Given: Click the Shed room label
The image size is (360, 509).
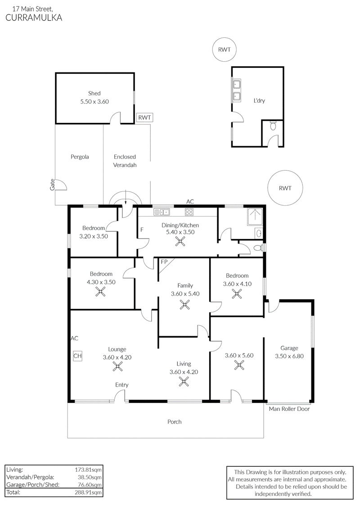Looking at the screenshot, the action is point(94,94).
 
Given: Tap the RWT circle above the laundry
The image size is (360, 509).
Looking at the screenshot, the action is point(224,50).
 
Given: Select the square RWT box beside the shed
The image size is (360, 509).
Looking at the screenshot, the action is point(144,117).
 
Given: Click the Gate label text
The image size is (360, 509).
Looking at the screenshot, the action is point(52,185).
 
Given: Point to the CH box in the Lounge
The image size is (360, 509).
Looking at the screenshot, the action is point(77,356).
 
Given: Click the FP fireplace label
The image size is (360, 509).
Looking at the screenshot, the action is point(164,261).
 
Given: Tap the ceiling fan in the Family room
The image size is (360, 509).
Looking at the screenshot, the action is point(184,305).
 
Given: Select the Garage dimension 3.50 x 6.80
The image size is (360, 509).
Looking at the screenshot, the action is point(289,356).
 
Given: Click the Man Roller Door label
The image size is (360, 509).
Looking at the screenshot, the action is point(289,409).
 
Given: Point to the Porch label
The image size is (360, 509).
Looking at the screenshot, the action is point(174,422).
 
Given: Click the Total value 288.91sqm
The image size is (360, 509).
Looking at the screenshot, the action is point(88,492).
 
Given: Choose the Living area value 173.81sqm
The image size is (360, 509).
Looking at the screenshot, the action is point(88,469).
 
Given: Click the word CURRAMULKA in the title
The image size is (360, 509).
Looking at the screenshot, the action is point(34,18).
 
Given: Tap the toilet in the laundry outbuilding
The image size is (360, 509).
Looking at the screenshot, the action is point(273,125).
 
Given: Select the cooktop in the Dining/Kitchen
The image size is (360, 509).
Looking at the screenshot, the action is point(189,212).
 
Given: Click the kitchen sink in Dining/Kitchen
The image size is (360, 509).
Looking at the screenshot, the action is point(162,212).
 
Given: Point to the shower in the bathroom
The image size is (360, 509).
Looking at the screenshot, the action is point(256,217).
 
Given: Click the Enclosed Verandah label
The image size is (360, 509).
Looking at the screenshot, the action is point(125,161).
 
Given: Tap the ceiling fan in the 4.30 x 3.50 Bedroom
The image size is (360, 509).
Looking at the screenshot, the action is point(101,292).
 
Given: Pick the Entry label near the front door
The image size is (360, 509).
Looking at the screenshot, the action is point(122,385).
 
